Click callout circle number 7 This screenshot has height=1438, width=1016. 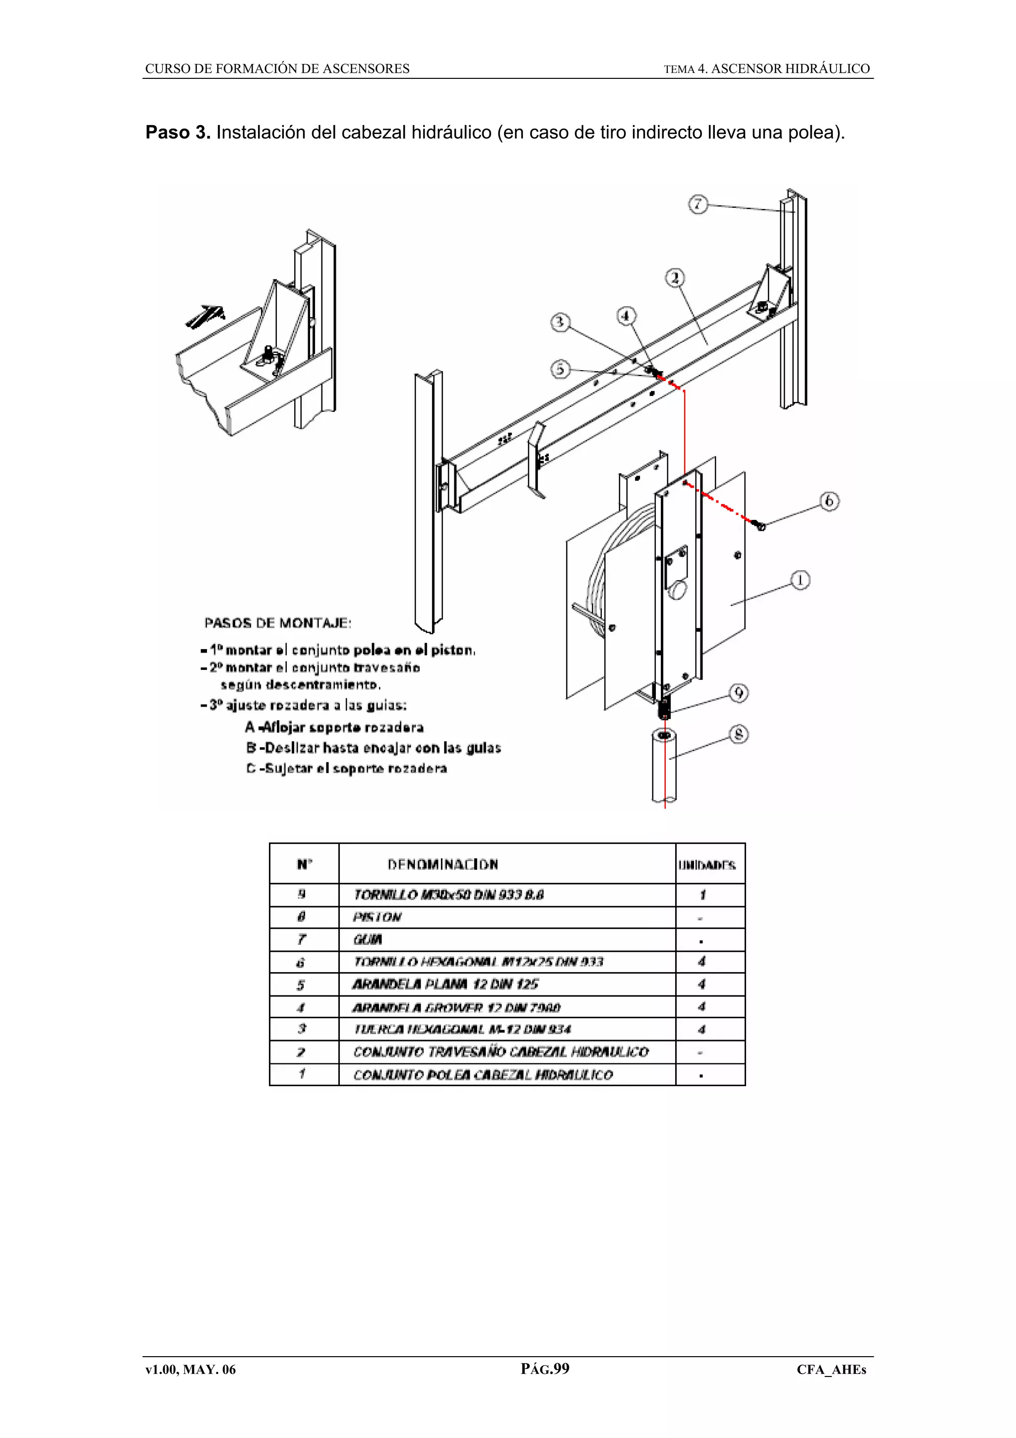tap(698, 204)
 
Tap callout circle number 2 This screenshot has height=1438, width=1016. tap(674, 277)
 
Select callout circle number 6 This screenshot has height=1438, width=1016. tap(829, 501)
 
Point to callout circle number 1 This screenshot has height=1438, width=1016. tap(800, 580)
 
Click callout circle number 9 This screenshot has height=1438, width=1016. tap(739, 693)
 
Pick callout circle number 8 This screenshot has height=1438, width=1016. tap(739, 734)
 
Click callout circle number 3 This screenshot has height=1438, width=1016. tap(560, 323)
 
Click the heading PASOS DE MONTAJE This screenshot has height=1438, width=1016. tap(278, 623)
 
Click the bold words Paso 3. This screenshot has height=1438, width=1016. tap(178, 133)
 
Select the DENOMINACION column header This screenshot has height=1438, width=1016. tap(443, 864)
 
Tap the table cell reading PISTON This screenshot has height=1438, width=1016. tap(377, 917)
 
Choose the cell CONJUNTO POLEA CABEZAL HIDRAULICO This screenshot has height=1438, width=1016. tap(483, 1075)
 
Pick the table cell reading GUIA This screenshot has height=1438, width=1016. tap(368, 939)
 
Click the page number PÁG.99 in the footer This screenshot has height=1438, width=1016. tap(545, 1369)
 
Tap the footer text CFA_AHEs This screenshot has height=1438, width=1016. tap(830, 1370)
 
